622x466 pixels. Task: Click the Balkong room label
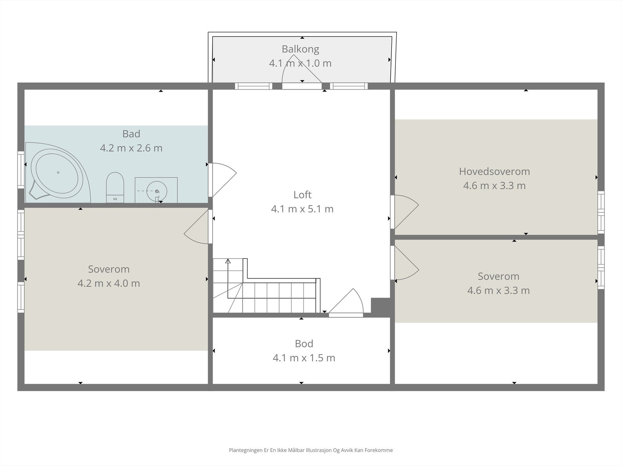(x=301, y=49)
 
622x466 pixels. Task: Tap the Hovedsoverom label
(x=494, y=172)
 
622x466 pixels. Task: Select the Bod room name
(x=304, y=344)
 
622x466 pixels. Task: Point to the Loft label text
(x=302, y=195)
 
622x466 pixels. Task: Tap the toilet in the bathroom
(x=115, y=187)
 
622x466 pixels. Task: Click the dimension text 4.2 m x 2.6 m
(x=131, y=148)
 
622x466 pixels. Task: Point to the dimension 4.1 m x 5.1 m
(x=302, y=209)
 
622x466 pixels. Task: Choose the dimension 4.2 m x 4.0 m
(x=109, y=283)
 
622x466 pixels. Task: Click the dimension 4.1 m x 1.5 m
(x=304, y=358)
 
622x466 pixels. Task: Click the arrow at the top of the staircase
(x=228, y=261)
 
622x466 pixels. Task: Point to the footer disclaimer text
(x=311, y=450)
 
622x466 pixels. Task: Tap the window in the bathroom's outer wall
(x=21, y=170)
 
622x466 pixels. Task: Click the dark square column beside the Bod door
(x=381, y=306)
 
